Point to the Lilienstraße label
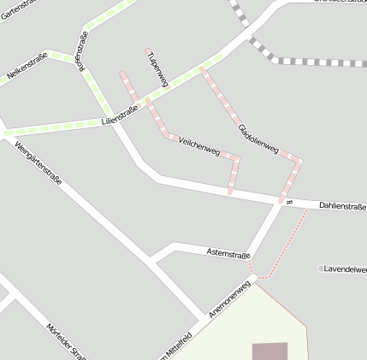click(120, 115)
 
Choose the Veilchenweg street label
click(199, 147)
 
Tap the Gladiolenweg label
click(257, 137)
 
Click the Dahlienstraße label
click(341, 206)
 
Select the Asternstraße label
click(228, 253)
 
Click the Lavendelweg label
click(346, 269)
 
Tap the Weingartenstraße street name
click(38, 168)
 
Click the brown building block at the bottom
click(269, 351)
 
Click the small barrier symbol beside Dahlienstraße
click(290, 202)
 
